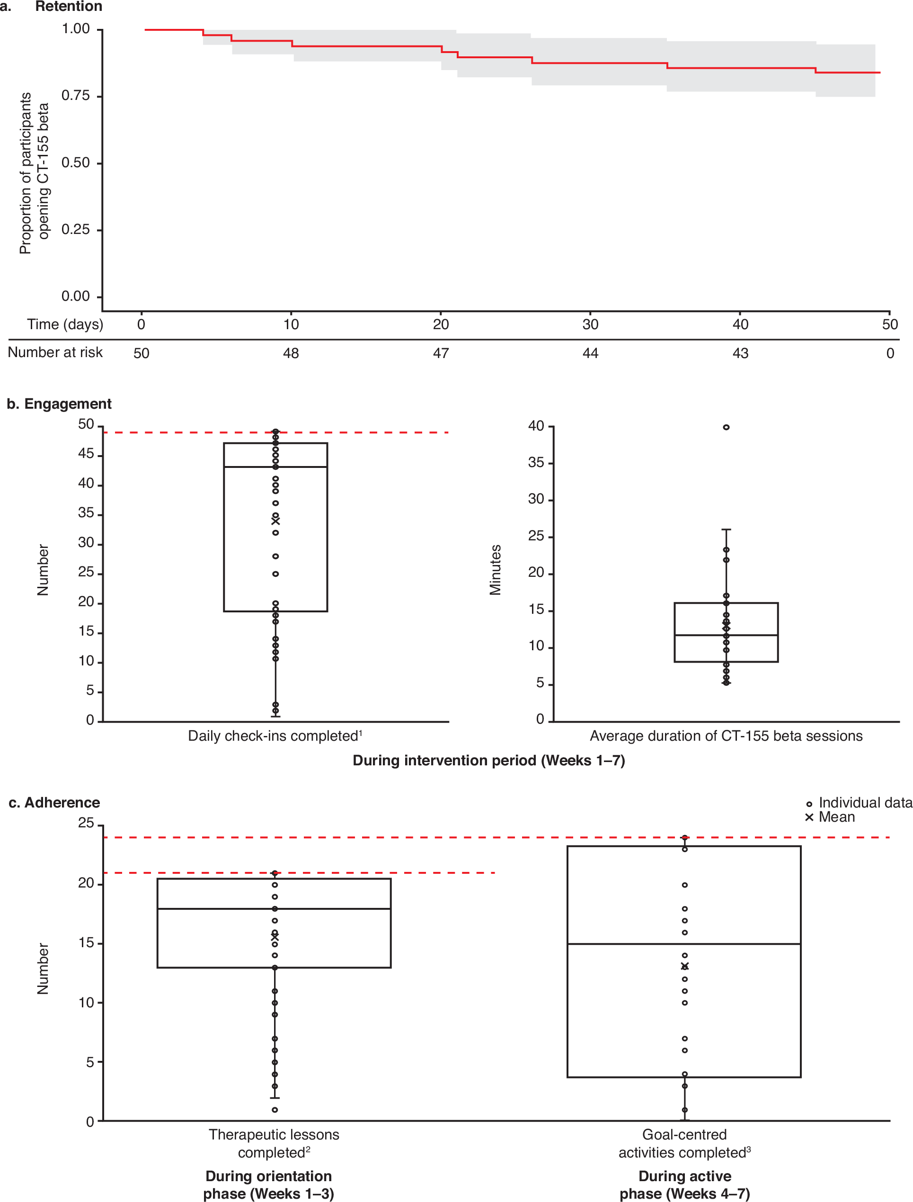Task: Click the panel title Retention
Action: (69, 7)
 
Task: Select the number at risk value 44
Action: (590, 353)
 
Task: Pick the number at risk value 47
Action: (441, 353)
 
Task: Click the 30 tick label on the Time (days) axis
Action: (590, 324)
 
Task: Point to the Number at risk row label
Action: (55, 352)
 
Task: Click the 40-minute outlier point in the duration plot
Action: (726, 427)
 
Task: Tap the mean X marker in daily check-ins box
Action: (275, 521)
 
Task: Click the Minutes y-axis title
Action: (495, 570)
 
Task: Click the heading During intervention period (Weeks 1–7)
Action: (488, 761)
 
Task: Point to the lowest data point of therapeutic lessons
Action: (275, 1110)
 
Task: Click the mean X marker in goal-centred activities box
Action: (685, 966)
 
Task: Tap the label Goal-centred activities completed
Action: (684, 1143)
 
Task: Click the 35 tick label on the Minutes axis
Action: (536, 463)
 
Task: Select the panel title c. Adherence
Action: (54, 803)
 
